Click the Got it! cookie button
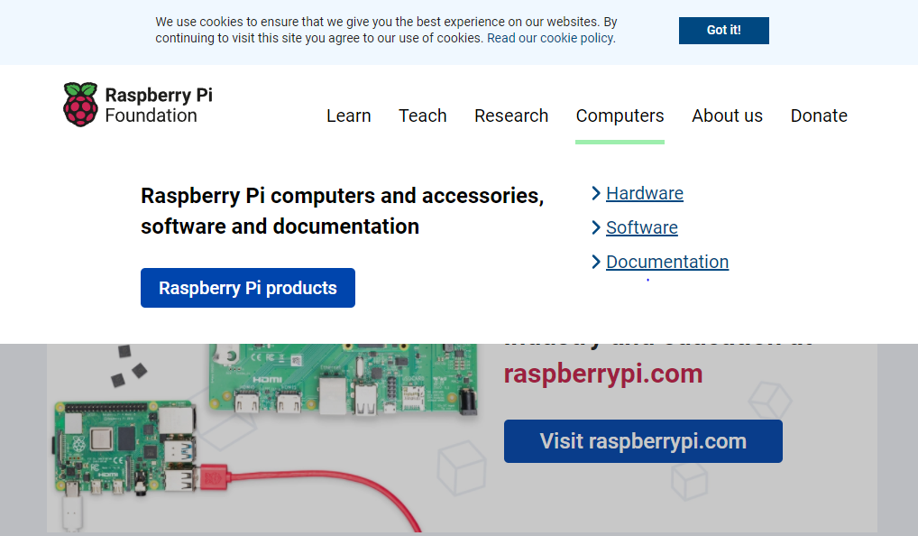pyautogui.click(x=723, y=30)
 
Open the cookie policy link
pyautogui.click(x=551, y=38)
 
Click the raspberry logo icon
pyautogui.click(x=80, y=104)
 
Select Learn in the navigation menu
pyautogui.click(x=348, y=116)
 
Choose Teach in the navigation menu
pyautogui.click(x=422, y=116)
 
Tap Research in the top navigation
pyautogui.click(x=511, y=116)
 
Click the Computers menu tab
pyautogui.click(x=620, y=116)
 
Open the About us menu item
pyautogui.click(x=727, y=116)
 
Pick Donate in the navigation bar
pyautogui.click(x=819, y=116)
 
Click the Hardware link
pyautogui.click(x=645, y=193)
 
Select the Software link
pyautogui.click(x=642, y=227)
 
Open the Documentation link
pyautogui.click(x=667, y=262)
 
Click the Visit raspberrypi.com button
pyautogui.click(x=643, y=441)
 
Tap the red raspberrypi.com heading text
pyautogui.click(x=603, y=374)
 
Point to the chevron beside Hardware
pyautogui.click(x=596, y=193)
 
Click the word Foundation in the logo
pyautogui.click(x=151, y=116)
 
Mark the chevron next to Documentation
pyautogui.click(x=596, y=262)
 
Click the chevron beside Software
pyautogui.click(x=596, y=227)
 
